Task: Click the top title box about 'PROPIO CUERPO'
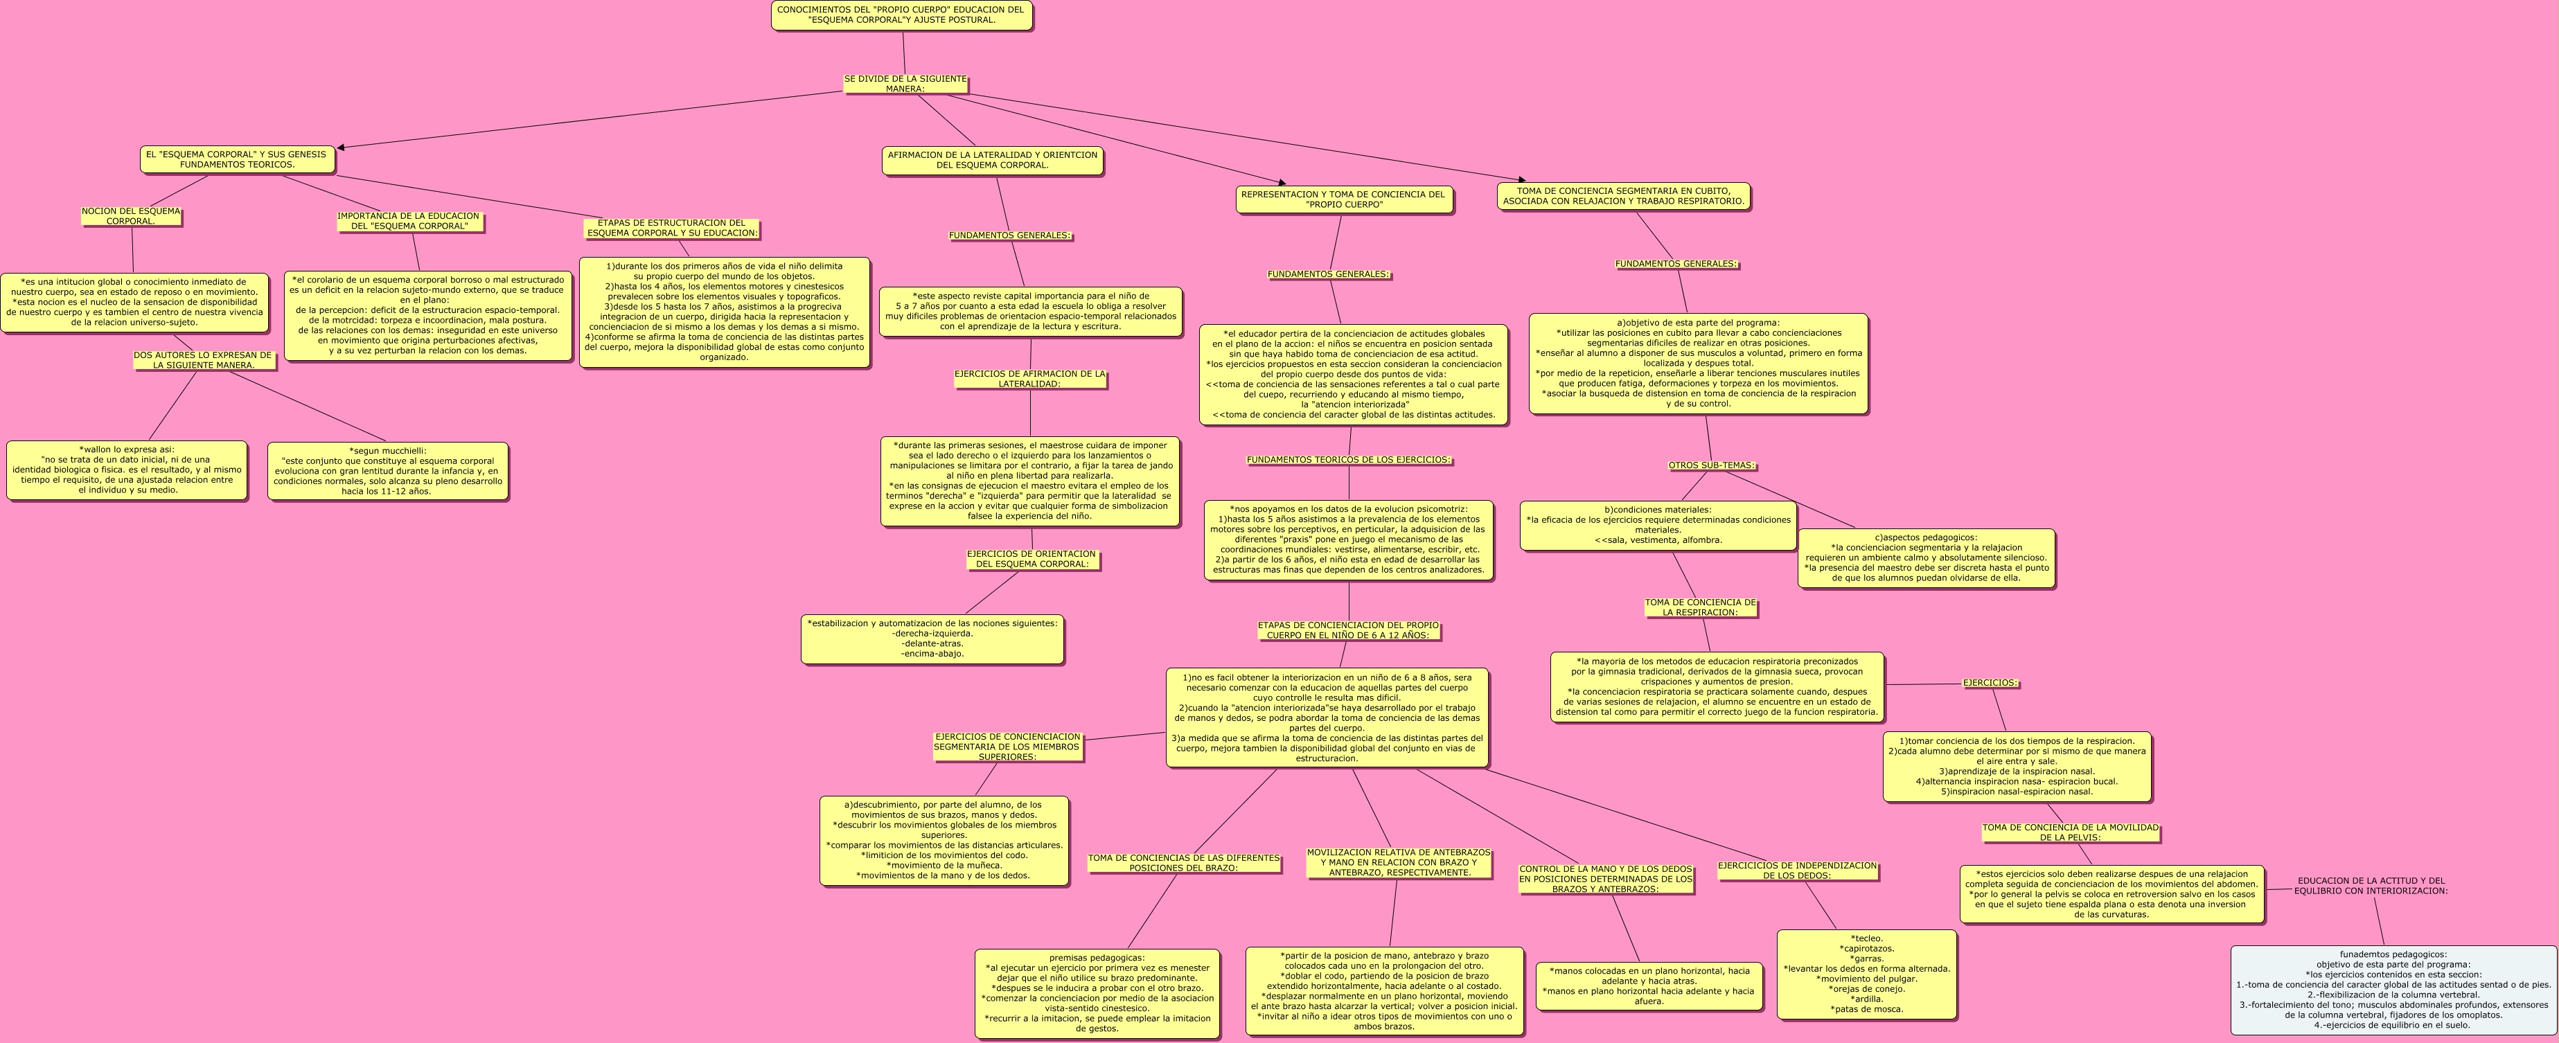(x=901, y=15)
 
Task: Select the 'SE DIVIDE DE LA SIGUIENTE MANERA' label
(x=905, y=83)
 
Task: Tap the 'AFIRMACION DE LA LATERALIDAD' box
(x=993, y=161)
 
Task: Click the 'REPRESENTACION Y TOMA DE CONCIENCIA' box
(x=1343, y=199)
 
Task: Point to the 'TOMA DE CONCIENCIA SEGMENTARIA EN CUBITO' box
(x=1623, y=197)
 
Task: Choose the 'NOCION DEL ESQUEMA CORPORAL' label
(x=131, y=217)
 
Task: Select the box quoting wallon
(x=127, y=470)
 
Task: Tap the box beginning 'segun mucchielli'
(x=387, y=471)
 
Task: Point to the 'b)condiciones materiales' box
(x=1658, y=526)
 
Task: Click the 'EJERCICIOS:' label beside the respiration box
(x=1990, y=684)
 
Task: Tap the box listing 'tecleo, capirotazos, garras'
(x=1866, y=974)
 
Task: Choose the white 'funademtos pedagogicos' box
(x=2392, y=990)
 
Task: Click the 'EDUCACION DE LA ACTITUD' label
(x=2371, y=886)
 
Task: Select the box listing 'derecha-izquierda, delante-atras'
(x=932, y=639)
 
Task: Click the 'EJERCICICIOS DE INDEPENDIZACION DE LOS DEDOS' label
(x=1797, y=871)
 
